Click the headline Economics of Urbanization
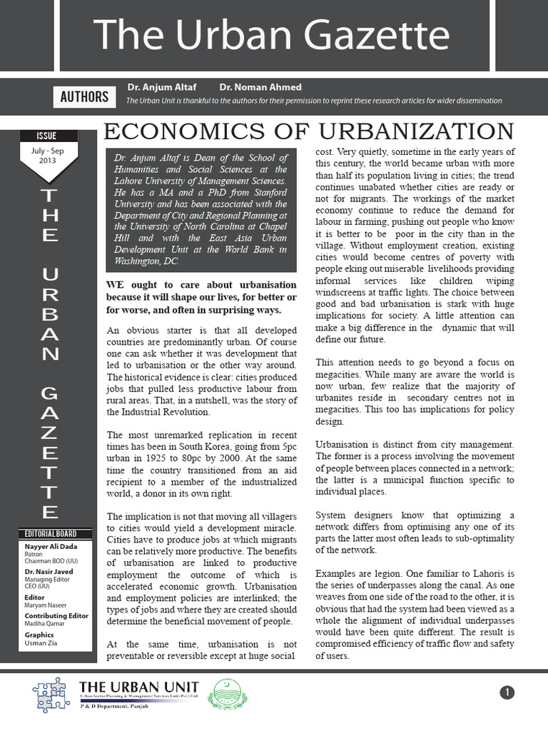point(309,131)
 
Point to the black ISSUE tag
point(46,136)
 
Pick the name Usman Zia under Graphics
point(41,642)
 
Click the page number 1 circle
point(507,692)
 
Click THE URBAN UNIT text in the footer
point(138,686)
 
